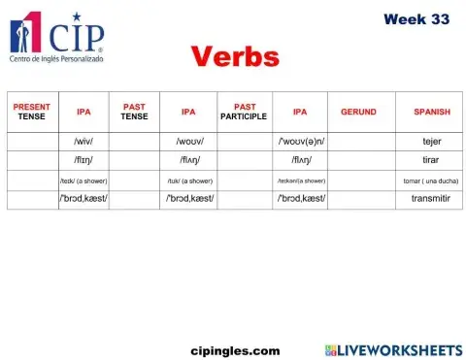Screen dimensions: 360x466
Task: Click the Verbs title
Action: [x=234, y=56]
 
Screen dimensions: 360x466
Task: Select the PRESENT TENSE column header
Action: [x=31, y=111]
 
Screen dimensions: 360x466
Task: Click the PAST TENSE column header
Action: [x=134, y=111]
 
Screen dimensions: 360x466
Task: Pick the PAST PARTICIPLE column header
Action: [x=243, y=111]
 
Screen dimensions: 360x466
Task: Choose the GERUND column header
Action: [x=358, y=112]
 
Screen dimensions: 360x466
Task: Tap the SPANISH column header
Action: [x=431, y=112]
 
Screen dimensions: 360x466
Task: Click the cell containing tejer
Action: [x=431, y=141]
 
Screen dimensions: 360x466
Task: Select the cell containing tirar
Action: [x=431, y=160]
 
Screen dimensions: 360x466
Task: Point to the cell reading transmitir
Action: [x=431, y=199]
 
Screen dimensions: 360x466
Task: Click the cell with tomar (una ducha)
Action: [x=431, y=180]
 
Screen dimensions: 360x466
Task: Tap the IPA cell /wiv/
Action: [x=83, y=141]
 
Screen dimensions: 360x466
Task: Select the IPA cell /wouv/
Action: [x=189, y=141]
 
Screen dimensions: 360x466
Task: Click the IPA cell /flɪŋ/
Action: [x=83, y=160]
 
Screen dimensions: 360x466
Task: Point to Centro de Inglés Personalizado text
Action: [x=55, y=59]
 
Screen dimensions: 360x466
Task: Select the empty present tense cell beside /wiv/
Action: [x=31, y=141]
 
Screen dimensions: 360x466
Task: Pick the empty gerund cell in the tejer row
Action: [x=358, y=141]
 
